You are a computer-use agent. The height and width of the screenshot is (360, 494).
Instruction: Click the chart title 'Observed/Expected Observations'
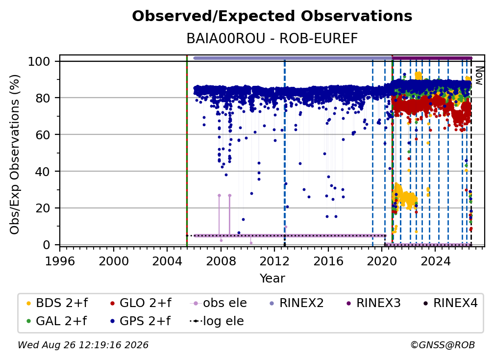tap(272, 16)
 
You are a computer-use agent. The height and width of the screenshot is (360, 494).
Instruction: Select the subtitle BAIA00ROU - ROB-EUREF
tap(272, 38)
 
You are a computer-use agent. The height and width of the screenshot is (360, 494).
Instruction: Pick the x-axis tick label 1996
tap(60, 261)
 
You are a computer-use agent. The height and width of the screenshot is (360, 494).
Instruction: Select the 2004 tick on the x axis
tap(167, 261)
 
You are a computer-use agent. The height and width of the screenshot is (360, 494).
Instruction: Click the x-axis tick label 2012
tap(274, 261)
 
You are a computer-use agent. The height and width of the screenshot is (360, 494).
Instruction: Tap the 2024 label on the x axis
tap(435, 261)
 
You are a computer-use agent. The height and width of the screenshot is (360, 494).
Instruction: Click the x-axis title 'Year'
tap(272, 279)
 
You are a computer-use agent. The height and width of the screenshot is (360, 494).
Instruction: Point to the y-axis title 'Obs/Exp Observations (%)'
tap(15, 154)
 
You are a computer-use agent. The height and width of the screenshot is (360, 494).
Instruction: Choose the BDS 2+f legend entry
tap(57, 303)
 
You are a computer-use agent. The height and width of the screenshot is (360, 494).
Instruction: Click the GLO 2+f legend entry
tap(141, 303)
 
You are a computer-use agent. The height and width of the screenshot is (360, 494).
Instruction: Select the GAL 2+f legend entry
tap(56, 321)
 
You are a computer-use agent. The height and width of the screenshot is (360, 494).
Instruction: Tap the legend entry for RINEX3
tap(373, 303)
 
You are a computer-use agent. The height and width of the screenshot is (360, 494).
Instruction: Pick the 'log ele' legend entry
tap(217, 321)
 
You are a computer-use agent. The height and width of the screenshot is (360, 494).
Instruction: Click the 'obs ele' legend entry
tap(219, 303)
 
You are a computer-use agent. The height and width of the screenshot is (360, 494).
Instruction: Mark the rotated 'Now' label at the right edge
tap(479, 76)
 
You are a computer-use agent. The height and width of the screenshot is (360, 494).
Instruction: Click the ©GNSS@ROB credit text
tap(443, 345)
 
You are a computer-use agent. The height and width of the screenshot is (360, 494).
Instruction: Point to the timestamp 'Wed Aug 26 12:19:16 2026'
tap(83, 345)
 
